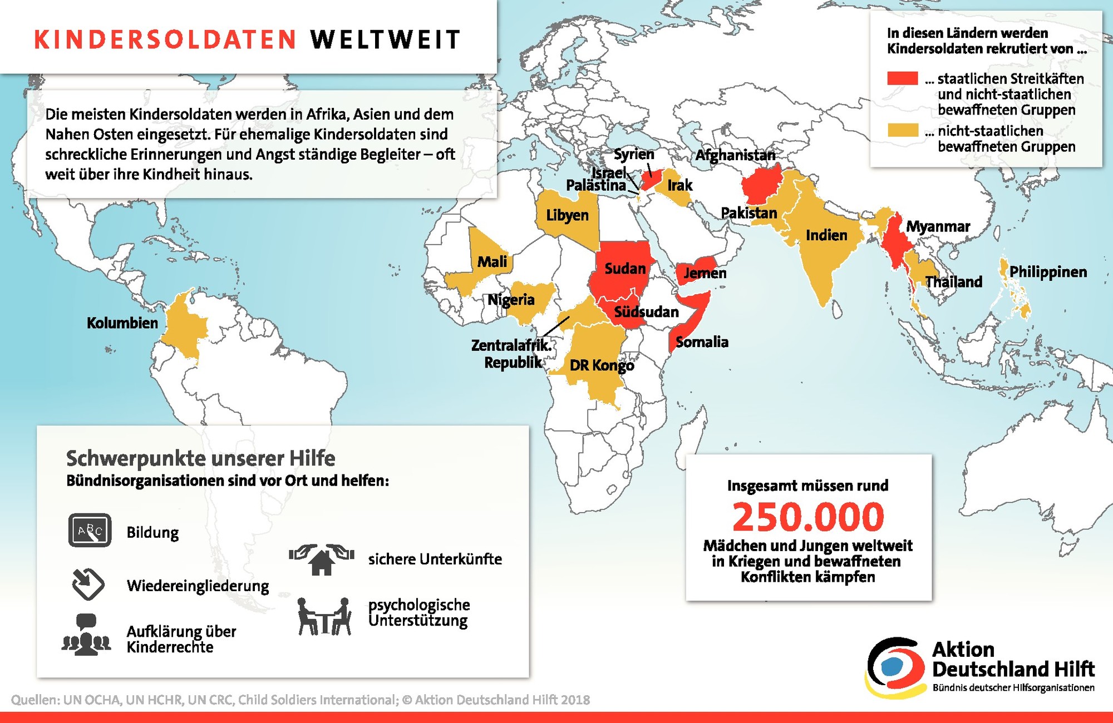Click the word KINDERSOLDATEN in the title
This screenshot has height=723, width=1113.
(x=165, y=40)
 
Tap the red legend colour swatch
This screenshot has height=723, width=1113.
(x=902, y=78)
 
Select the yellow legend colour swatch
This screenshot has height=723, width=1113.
(x=902, y=131)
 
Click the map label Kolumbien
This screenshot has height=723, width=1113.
(x=122, y=323)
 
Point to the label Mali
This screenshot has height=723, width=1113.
(x=492, y=261)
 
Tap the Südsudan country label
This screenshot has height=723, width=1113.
(x=646, y=312)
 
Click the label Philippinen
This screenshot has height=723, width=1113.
(x=1048, y=272)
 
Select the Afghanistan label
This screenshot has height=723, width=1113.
(x=735, y=155)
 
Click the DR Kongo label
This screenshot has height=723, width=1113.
(x=602, y=365)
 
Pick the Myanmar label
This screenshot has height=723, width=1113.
(x=938, y=227)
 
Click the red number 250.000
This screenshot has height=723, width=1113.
(x=808, y=517)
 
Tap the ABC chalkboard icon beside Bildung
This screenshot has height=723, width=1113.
(x=90, y=530)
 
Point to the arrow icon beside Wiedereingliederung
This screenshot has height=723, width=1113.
(x=88, y=585)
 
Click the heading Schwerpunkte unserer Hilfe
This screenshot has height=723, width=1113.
(x=201, y=459)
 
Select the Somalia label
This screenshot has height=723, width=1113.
(x=702, y=342)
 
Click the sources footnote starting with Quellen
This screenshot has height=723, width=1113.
(x=301, y=700)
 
